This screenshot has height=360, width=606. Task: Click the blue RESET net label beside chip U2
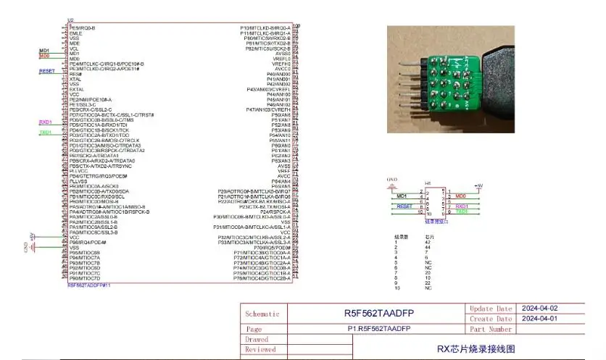[x=46, y=71]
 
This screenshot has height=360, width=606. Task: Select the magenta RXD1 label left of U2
[x=45, y=122]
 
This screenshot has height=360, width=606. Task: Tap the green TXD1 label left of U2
[x=45, y=133]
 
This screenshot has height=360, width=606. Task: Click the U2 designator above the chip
[x=70, y=20]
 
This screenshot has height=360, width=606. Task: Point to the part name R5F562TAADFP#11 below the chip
[x=88, y=285]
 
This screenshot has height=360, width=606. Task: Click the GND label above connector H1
[x=392, y=179]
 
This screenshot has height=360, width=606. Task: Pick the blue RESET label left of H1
[x=405, y=206]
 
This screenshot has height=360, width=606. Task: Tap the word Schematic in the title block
[x=262, y=314]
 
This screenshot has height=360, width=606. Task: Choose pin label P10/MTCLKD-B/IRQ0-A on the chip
[x=265, y=28]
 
